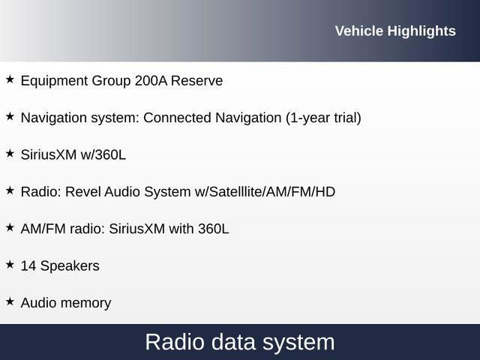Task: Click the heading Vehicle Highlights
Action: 394,31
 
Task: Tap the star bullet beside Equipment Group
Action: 10,79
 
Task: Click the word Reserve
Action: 197,80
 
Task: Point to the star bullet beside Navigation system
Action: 10,116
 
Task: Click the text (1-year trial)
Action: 323,118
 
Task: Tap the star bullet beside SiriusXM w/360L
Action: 10,153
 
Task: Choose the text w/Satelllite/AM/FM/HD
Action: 265,192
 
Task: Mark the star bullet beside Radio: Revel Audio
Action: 10,190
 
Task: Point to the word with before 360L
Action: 181,229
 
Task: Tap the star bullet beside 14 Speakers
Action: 10,264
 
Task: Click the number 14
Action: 28,265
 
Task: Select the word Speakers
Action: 70,266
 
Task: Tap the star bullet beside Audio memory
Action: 10,301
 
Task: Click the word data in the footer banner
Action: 228,342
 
